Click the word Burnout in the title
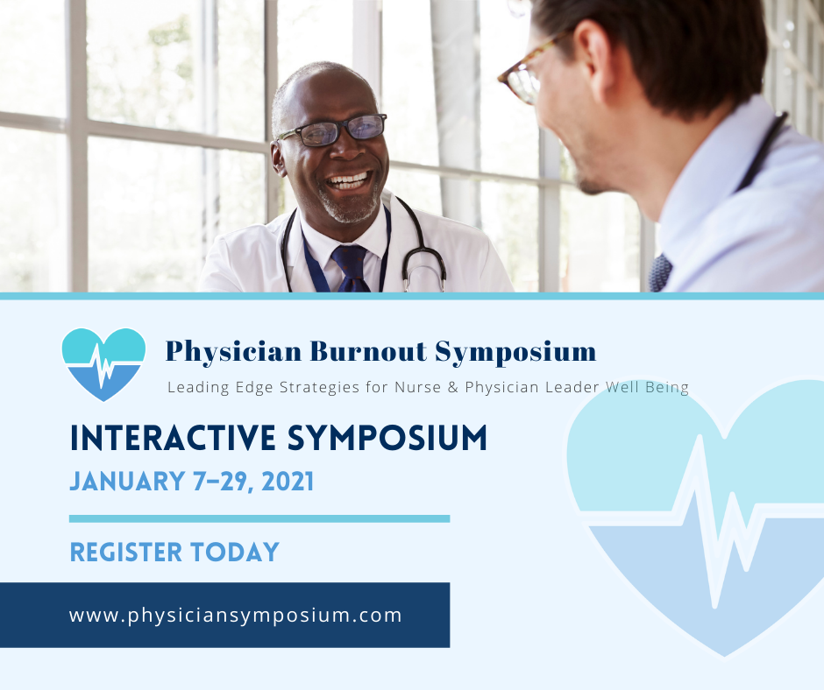[x=368, y=351]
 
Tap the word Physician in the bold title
[x=234, y=352]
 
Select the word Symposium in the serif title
[x=516, y=352]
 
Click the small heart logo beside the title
[x=103, y=364]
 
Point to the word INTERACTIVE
[x=173, y=438]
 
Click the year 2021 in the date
[x=288, y=481]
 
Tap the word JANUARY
[x=127, y=481]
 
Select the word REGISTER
[x=126, y=552]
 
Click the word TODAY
[x=235, y=552]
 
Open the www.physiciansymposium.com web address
[x=236, y=615]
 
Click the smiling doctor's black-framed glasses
[x=332, y=130]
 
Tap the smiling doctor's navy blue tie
[x=351, y=268]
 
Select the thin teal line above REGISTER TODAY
[x=259, y=518]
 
